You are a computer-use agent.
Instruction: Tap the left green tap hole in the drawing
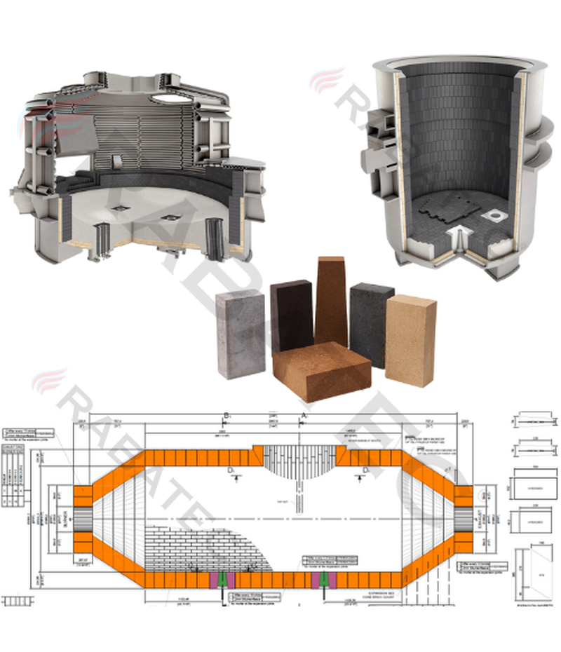pos(222,580)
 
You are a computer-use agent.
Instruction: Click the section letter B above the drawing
pos(226,417)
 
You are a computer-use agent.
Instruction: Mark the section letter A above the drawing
pos(304,417)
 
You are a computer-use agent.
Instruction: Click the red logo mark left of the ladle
pos(327,80)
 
